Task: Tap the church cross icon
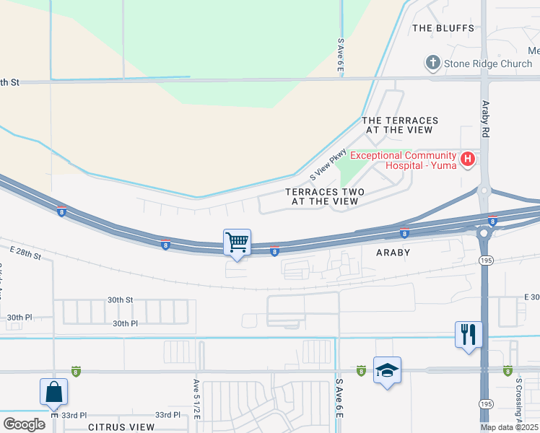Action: [x=433, y=64]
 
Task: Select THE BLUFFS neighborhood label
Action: [x=443, y=28]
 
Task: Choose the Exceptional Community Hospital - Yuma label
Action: [x=403, y=160]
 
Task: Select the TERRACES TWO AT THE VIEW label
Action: [x=324, y=196]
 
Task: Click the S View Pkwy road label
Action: [x=328, y=166]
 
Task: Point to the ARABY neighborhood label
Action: [x=393, y=253]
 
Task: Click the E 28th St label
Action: [x=26, y=253]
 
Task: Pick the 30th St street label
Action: [x=121, y=299]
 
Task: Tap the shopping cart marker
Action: [x=237, y=242]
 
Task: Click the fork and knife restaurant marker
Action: [x=469, y=334]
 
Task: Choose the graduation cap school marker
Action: [x=388, y=370]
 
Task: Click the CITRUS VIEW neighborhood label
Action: [x=121, y=427]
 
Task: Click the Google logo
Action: [x=24, y=424]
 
